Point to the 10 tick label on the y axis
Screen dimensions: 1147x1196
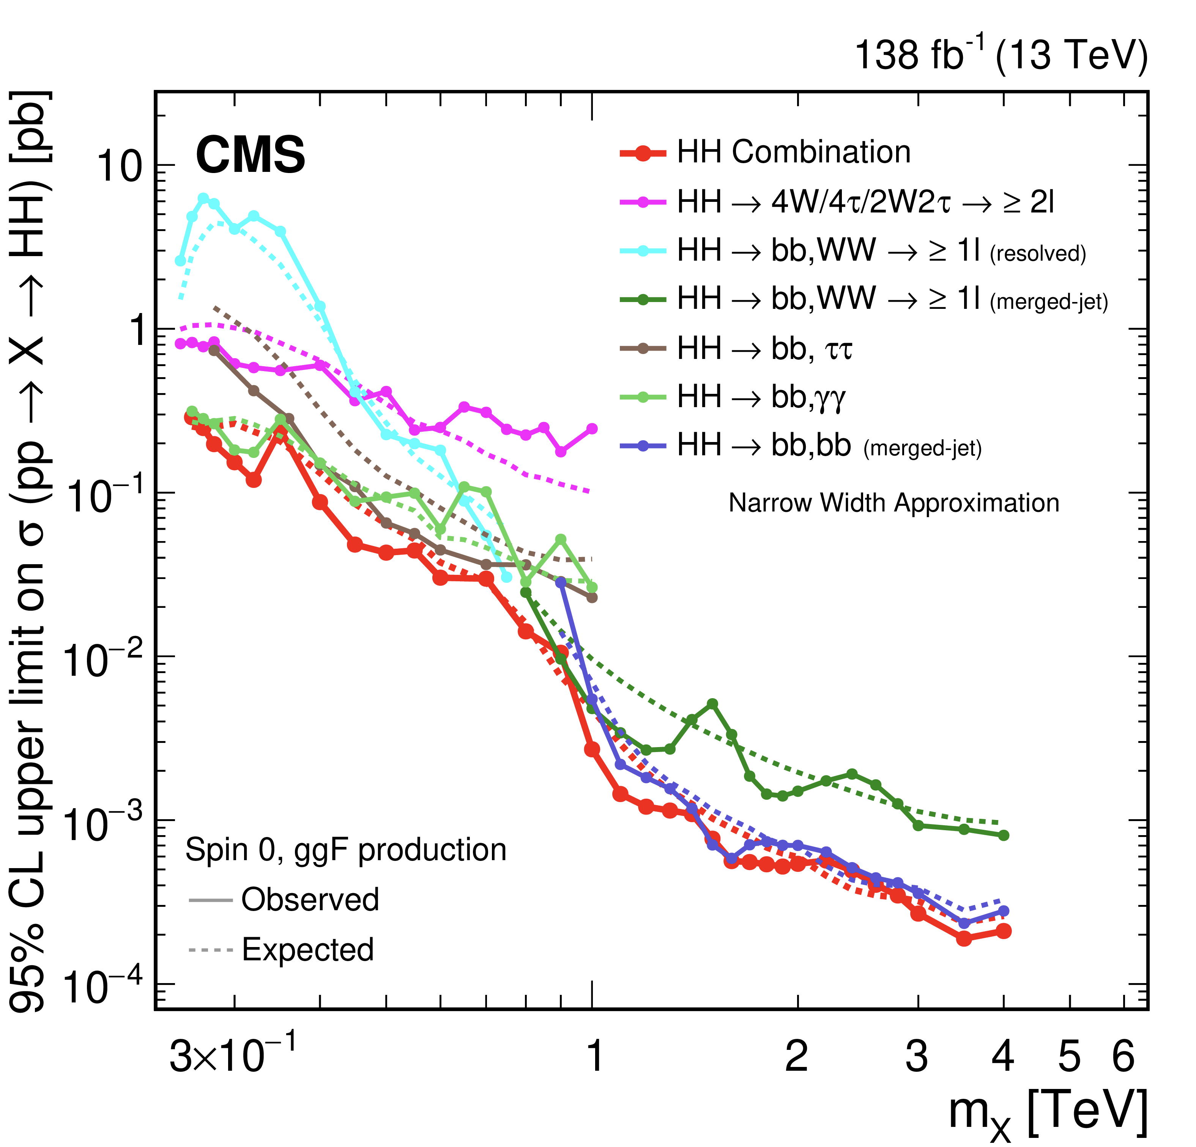[118, 166]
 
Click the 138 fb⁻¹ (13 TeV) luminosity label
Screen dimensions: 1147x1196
[1001, 55]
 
